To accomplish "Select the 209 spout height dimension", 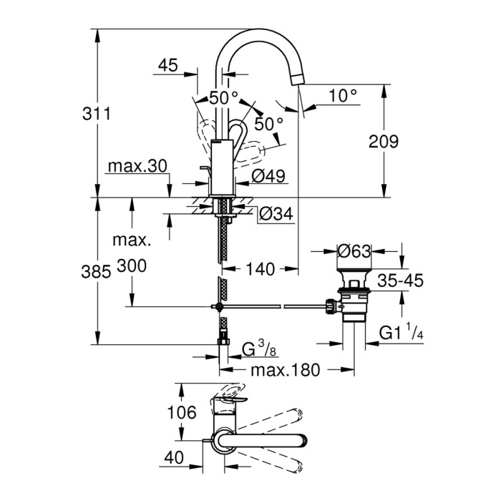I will coord(384,142).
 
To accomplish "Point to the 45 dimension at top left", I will coord(167,66).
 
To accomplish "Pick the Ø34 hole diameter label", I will coord(275,213).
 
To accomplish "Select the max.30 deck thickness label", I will coord(137,167).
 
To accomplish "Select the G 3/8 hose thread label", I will coord(255,351).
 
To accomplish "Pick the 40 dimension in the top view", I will coord(174,455).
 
